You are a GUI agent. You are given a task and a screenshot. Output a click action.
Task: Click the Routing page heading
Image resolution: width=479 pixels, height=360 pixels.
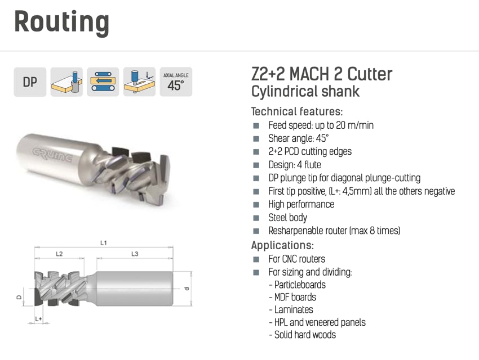pyautogui.click(x=62, y=22)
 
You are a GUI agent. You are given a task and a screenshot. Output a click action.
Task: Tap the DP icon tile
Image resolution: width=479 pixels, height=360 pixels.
pyautogui.click(x=30, y=82)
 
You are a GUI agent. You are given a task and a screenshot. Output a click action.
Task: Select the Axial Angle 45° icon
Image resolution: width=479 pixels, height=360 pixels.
pyautogui.click(x=176, y=82)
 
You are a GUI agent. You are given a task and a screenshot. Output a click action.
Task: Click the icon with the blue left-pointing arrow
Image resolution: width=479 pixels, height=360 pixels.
pyautogui.click(x=103, y=82)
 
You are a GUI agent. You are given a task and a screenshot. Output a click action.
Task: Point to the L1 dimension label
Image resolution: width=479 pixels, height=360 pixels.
pyautogui.click(x=104, y=243)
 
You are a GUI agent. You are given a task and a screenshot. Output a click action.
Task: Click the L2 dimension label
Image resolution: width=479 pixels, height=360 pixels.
pyautogui.click(x=59, y=254)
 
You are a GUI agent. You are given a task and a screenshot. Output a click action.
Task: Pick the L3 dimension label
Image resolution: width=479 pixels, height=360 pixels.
pyautogui.click(x=135, y=254)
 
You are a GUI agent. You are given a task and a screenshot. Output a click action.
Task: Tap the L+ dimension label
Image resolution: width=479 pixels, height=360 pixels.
pyautogui.click(x=38, y=319)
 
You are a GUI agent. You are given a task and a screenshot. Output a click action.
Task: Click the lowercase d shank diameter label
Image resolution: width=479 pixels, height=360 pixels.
pyautogui.click(x=187, y=289)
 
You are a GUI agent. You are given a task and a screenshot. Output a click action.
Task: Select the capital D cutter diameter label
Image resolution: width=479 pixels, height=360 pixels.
pyautogui.click(x=19, y=297)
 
